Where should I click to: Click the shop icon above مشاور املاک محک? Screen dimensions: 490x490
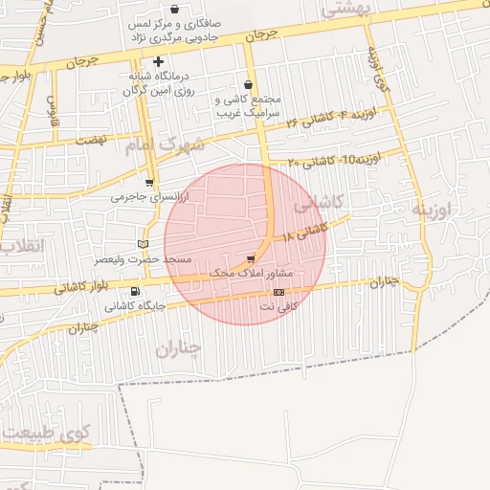click(x=251, y=258)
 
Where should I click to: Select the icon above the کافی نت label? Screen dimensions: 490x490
click(x=278, y=292)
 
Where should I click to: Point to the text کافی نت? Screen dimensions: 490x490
click(x=279, y=306)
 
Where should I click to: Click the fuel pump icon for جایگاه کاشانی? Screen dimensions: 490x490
click(x=133, y=292)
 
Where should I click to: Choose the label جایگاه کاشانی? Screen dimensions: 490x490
click(x=135, y=306)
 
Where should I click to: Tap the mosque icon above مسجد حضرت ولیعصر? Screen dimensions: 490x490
click(x=145, y=244)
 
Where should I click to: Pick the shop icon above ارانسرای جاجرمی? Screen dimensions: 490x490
click(x=149, y=182)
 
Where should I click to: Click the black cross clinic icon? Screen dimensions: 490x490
click(x=158, y=61)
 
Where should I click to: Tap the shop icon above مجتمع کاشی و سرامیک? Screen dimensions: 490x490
click(x=249, y=84)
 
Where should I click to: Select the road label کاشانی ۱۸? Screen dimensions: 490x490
click(x=305, y=230)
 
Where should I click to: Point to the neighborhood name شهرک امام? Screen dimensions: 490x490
click(x=165, y=145)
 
